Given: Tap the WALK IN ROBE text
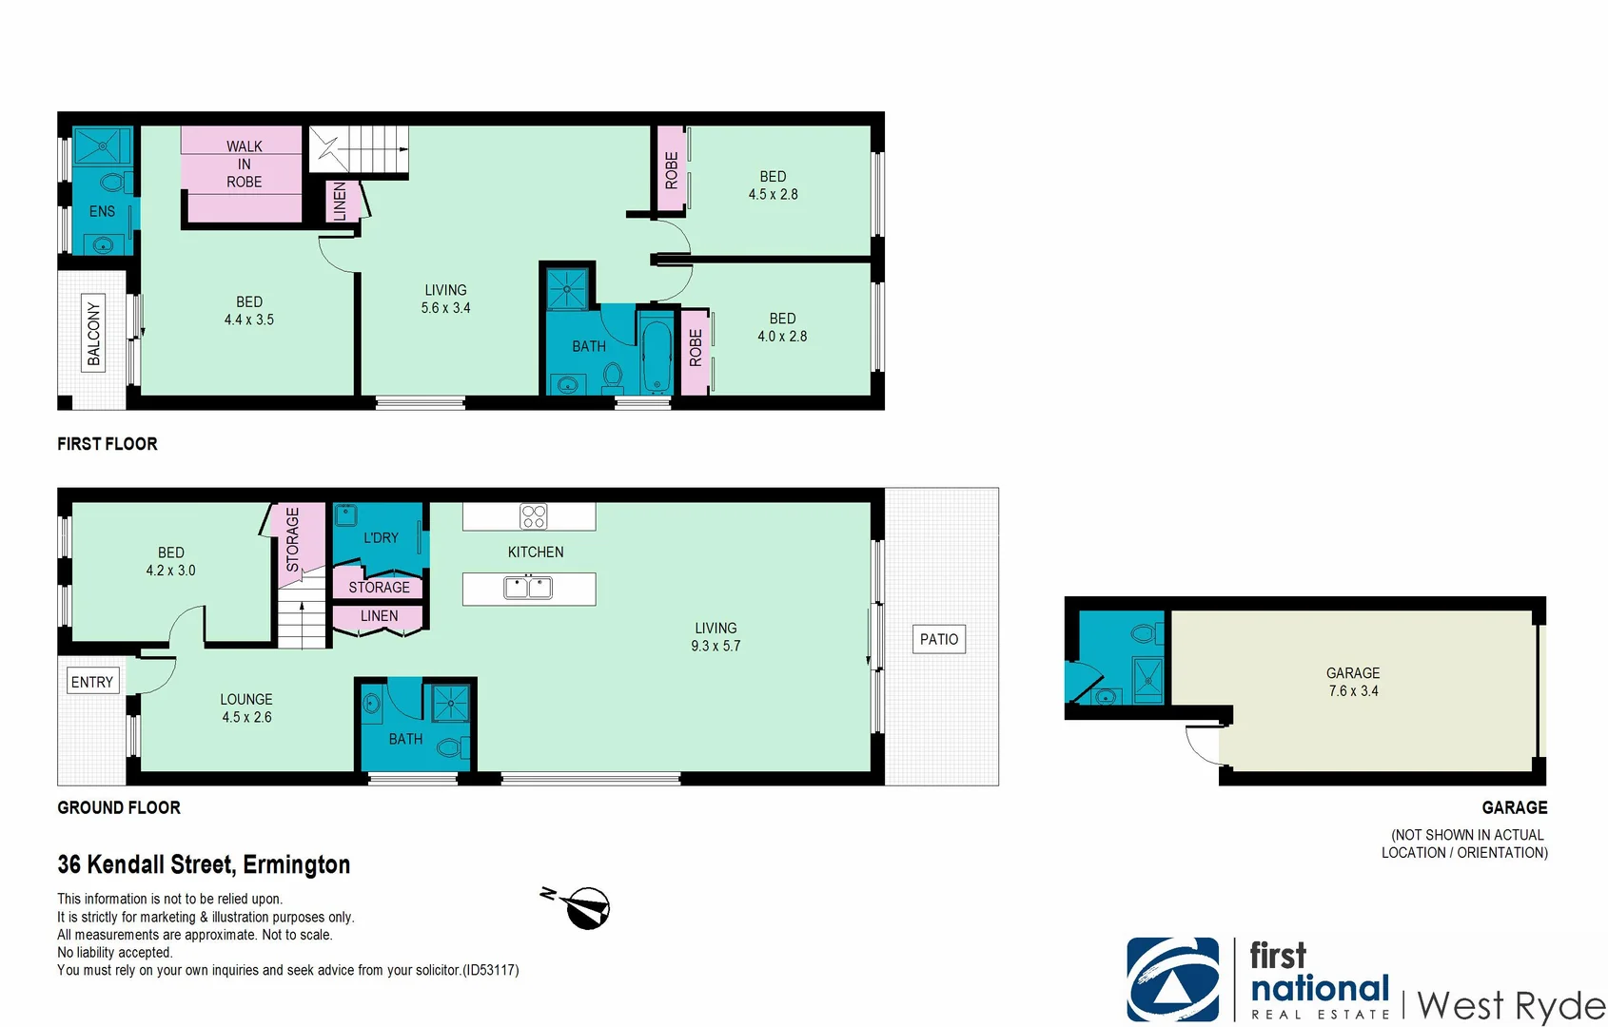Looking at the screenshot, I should tap(245, 164).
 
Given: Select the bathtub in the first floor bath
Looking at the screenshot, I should tap(657, 358).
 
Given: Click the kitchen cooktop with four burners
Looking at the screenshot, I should tap(534, 516).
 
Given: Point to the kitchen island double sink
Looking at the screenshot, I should tap(528, 588).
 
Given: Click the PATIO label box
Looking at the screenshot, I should tap(939, 639).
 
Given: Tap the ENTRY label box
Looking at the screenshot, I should tap(92, 682).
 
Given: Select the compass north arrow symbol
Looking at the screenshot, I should tap(584, 908).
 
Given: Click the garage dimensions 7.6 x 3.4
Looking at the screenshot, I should tap(1353, 691).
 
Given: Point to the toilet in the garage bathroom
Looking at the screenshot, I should tap(1146, 633).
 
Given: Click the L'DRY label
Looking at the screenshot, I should tap(381, 538).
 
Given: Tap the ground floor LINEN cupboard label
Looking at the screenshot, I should tap(379, 616).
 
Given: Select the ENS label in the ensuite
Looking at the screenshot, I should tap(102, 211).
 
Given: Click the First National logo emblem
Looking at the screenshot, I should tap(1172, 979).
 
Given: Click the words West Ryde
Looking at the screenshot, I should tap(1511, 1005).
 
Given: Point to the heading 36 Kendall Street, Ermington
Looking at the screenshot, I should tap(204, 864).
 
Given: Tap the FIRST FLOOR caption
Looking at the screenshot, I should tap(108, 444).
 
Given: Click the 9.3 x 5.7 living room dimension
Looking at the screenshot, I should tap(716, 646).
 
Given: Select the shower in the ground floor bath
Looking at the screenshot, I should tap(450, 704).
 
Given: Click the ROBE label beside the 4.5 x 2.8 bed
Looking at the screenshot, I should tap(671, 170).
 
